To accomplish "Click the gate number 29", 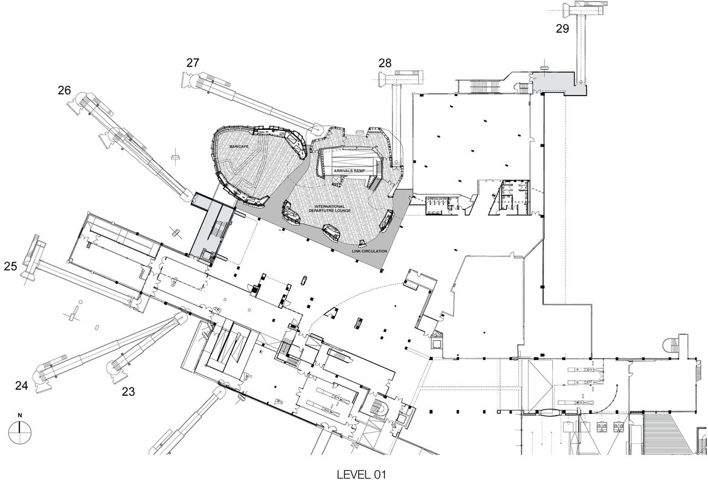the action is [x=562, y=29].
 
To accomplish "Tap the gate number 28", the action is [x=385, y=63].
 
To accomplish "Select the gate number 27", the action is [x=193, y=63].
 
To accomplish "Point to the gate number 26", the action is [x=65, y=91].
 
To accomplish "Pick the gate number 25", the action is [x=11, y=266].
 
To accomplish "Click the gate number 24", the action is [x=22, y=385].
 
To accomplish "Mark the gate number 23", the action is [x=128, y=391].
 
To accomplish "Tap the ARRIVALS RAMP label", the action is [x=350, y=171].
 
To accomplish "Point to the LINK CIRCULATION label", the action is [x=369, y=251].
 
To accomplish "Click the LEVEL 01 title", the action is [x=362, y=475].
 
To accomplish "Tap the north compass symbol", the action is [x=20, y=432].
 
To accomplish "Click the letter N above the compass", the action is [x=20, y=415].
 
